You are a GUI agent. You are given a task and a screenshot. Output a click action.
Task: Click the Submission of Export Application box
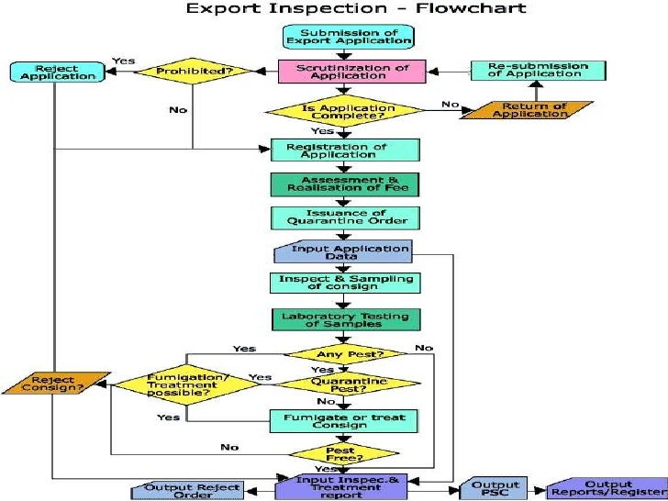(x=348, y=37)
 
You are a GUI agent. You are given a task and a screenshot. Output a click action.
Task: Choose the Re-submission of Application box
(x=539, y=71)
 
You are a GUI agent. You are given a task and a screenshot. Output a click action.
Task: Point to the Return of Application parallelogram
(x=529, y=111)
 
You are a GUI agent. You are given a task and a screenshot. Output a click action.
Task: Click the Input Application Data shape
(x=344, y=251)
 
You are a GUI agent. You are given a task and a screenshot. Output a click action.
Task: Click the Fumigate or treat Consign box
(x=345, y=421)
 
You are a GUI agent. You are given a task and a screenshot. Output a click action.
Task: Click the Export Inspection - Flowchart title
(x=356, y=9)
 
